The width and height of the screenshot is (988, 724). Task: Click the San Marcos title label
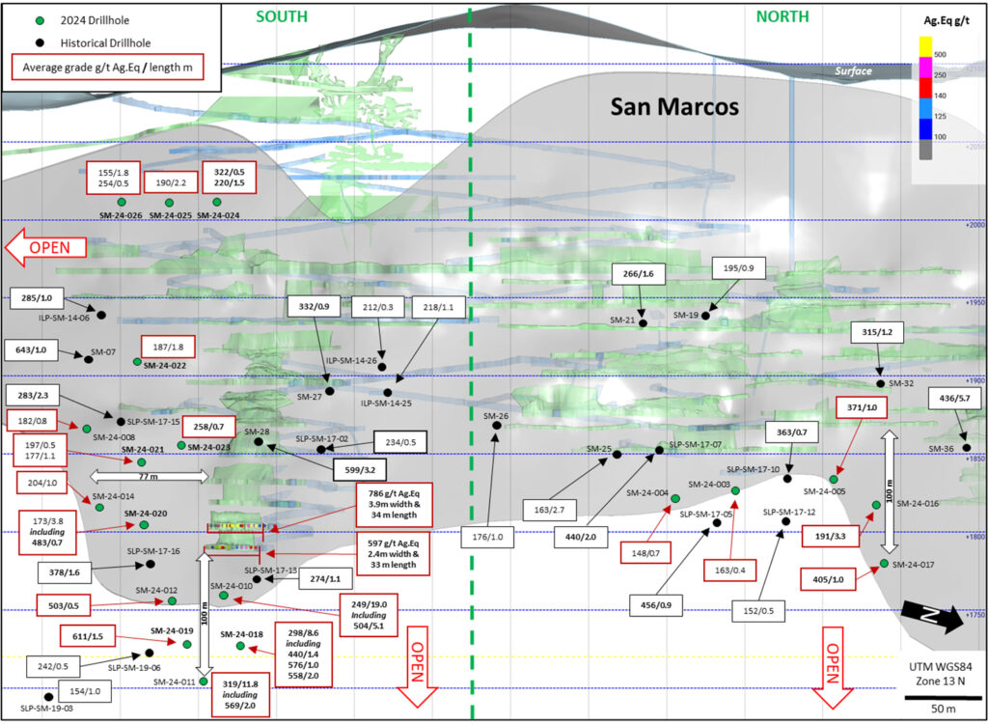674,106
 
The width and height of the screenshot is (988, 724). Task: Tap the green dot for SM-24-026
122,201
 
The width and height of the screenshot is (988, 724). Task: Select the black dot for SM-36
967,448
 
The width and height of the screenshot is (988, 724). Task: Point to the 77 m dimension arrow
150,475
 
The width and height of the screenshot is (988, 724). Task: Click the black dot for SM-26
496,425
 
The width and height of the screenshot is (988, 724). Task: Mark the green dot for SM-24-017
884,563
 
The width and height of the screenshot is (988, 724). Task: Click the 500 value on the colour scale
939,54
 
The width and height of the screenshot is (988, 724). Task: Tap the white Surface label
854,71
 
